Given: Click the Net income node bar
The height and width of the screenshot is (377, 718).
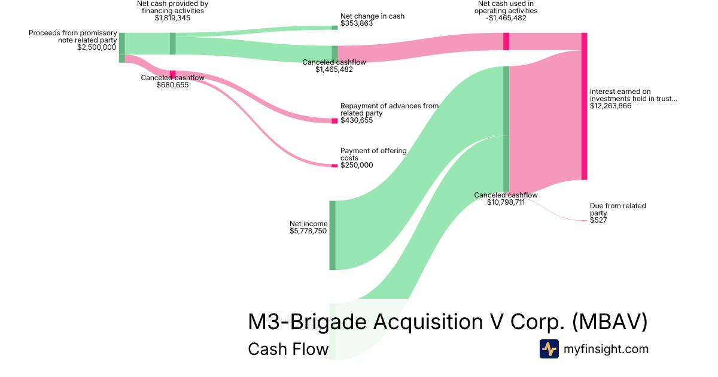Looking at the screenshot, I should [x=332, y=235].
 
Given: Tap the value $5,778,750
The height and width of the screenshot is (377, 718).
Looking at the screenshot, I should [x=308, y=231].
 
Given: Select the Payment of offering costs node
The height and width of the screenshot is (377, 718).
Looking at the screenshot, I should [x=334, y=166].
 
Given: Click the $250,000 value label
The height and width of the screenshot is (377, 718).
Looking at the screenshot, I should [x=357, y=166].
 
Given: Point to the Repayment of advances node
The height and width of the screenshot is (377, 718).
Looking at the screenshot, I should [x=334, y=121].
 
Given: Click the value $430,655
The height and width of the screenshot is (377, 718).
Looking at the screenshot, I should [x=357, y=120].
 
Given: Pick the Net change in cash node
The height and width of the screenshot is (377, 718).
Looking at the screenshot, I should [x=334, y=27].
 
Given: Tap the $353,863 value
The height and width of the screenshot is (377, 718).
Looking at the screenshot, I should [x=357, y=24].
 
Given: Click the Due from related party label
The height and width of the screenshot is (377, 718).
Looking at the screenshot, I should [x=617, y=209].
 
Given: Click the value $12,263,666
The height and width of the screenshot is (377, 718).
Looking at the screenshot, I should [x=610, y=106].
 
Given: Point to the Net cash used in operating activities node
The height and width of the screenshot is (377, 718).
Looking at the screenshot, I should [x=506, y=41].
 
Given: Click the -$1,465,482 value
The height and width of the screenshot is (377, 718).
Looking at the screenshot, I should [x=506, y=19].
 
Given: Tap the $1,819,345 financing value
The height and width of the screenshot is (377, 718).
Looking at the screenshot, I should [x=172, y=18].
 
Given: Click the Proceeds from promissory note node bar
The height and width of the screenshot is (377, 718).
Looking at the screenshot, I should [x=121, y=44].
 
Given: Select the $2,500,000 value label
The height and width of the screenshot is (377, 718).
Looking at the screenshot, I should [x=96, y=47].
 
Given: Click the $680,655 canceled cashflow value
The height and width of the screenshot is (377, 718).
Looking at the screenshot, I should [x=172, y=85].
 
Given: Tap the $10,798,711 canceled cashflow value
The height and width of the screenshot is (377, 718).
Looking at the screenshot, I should [x=506, y=203].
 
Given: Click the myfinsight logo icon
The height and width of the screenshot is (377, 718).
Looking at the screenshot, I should [x=549, y=349].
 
